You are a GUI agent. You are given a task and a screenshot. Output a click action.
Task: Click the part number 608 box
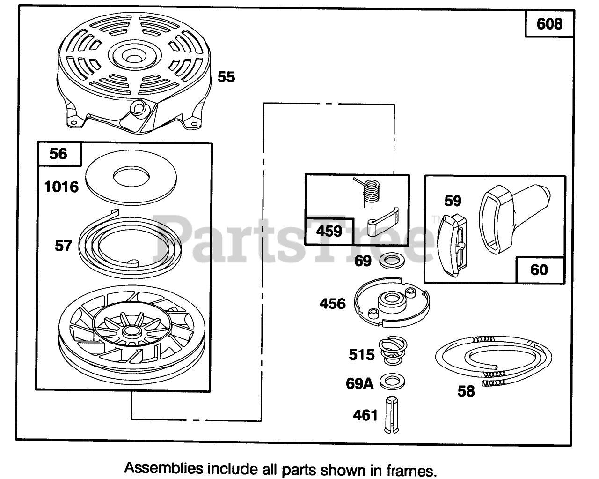click(x=549, y=23)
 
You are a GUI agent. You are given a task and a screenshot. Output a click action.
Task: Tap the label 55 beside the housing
click(x=226, y=76)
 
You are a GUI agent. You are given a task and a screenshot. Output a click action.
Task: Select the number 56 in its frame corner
click(x=58, y=153)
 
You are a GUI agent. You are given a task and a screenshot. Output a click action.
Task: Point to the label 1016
click(x=61, y=187)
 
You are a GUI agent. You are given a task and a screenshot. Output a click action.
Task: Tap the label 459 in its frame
click(x=329, y=231)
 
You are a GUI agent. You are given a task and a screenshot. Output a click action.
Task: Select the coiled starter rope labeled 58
click(x=494, y=363)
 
